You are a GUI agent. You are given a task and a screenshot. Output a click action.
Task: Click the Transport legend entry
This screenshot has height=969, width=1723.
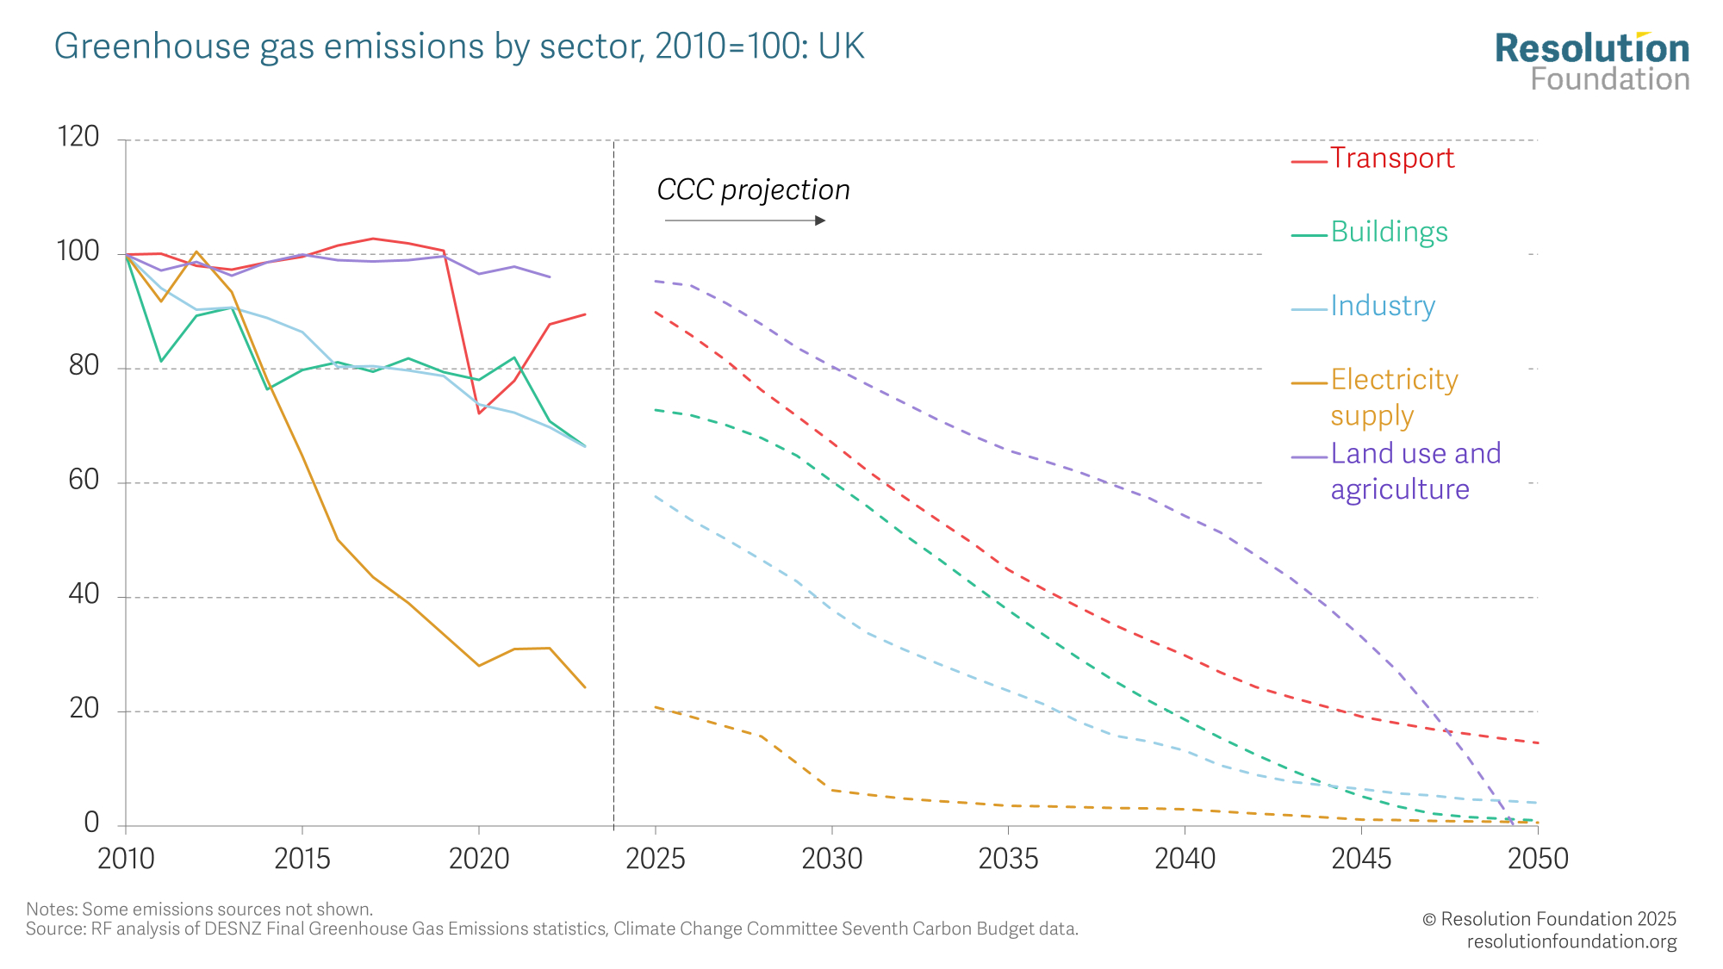click(x=1391, y=158)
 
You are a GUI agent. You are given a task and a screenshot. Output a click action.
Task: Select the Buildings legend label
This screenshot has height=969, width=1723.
click(x=1389, y=233)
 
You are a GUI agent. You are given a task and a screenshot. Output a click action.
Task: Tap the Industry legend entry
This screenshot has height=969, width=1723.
click(x=1383, y=307)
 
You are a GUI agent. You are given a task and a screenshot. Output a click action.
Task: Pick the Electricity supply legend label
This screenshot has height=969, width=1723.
click(x=1394, y=397)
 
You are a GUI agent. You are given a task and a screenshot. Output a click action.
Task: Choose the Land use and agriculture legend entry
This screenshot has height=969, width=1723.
click(x=1415, y=471)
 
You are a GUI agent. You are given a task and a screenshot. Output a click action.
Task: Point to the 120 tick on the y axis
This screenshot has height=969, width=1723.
click(x=78, y=137)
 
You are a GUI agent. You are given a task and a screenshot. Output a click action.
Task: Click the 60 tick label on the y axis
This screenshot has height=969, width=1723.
click(x=84, y=481)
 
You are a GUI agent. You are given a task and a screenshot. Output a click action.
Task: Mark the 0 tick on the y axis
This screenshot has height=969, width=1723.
click(x=91, y=823)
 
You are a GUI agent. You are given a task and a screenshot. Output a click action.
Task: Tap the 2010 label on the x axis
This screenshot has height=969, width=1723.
click(x=126, y=859)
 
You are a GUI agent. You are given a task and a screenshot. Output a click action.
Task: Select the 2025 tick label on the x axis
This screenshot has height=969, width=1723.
click(x=655, y=859)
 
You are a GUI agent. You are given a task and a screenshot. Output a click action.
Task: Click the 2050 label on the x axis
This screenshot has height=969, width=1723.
click(x=1538, y=859)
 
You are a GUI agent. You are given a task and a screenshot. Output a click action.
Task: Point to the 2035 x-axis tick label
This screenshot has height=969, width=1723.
click(x=1008, y=859)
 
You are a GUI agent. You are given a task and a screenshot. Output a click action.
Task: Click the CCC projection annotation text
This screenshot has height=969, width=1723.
click(x=753, y=190)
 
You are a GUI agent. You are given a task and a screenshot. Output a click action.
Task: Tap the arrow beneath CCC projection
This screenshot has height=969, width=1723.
click(x=745, y=221)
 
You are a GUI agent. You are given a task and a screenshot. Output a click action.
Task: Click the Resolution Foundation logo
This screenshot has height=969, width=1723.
click(x=1592, y=62)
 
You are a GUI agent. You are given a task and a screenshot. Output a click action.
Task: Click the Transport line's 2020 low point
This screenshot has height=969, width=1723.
click(x=479, y=413)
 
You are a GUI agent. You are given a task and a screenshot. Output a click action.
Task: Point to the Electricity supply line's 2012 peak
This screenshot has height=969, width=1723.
click(x=196, y=252)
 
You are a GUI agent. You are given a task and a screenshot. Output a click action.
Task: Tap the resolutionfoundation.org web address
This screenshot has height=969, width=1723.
click(x=1571, y=941)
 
